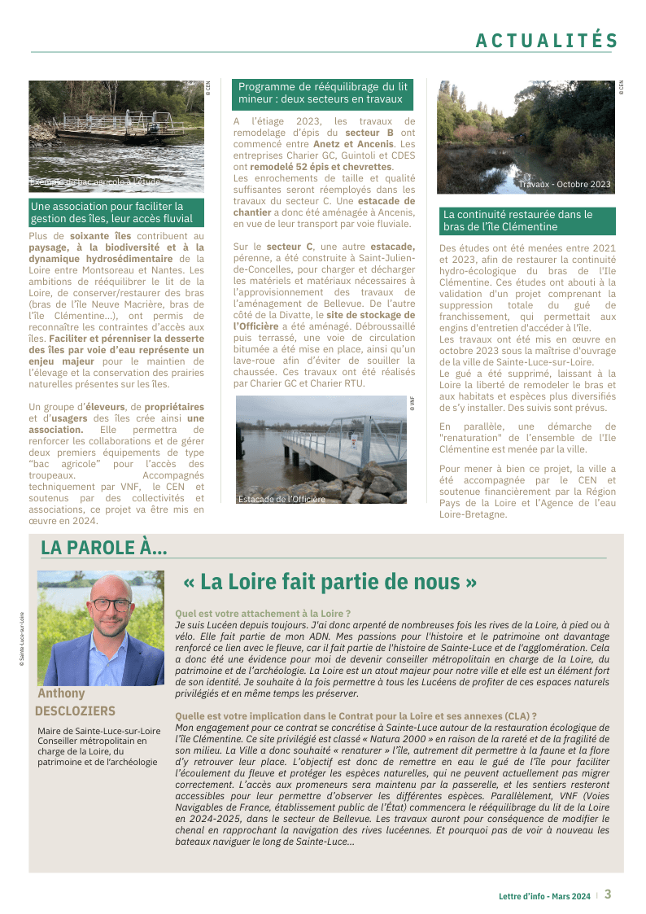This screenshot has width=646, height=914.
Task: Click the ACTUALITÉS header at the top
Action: point(547,41)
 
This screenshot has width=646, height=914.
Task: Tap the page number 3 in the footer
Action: point(607,894)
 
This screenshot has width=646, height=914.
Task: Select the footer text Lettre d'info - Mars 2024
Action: point(544,895)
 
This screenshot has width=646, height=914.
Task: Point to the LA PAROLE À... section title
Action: point(103,549)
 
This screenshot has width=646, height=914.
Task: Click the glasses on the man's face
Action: point(111,605)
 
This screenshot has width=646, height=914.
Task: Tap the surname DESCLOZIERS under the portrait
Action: point(75,711)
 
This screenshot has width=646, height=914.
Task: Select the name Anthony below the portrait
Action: point(61,693)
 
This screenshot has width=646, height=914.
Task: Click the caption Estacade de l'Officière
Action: point(281,499)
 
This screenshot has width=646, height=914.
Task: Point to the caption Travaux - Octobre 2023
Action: point(565,185)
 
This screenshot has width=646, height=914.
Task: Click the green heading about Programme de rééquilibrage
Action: point(322,93)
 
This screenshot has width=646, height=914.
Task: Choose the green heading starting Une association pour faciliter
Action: point(111,212)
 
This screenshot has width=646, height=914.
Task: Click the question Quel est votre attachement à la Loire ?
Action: point(263,613)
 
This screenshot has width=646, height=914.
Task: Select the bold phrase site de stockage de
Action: point(370,314)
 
